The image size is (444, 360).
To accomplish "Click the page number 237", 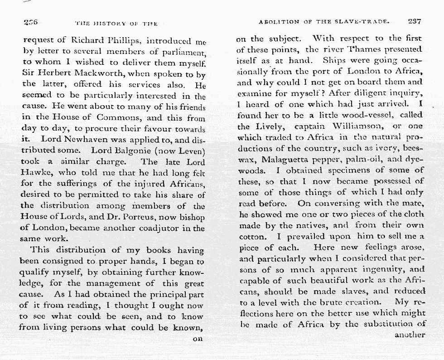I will click(x=415, y=21).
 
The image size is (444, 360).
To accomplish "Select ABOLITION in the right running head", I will click(x=279, y=21).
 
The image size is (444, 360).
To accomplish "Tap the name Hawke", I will click(x=37, y=173).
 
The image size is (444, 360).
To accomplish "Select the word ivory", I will click(x=370, y=148).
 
